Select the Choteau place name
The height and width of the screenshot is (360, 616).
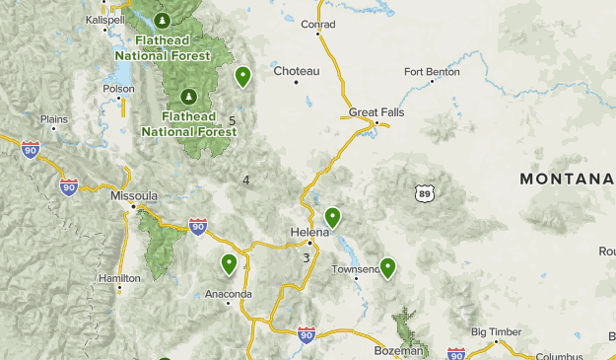[297, 71]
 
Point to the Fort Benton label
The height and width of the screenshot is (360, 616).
[432, 71]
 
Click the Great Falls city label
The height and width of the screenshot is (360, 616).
[376, 111]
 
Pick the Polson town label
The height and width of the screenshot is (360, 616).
[118, 88]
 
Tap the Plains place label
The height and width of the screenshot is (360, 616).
[53, 119]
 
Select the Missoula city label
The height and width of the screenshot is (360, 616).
[133, 196]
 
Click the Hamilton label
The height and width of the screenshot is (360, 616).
[119, 278]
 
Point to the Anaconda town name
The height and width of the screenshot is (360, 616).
[229, 294]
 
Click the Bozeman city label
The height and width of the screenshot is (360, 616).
[398, 350]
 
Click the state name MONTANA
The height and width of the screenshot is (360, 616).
[567, 179]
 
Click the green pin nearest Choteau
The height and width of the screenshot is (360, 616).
[242, 75]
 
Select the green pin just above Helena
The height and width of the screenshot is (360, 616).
[333, 217]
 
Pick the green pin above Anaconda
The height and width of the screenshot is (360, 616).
[229, 263]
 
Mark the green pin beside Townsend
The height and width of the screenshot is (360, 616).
[387, 266]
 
